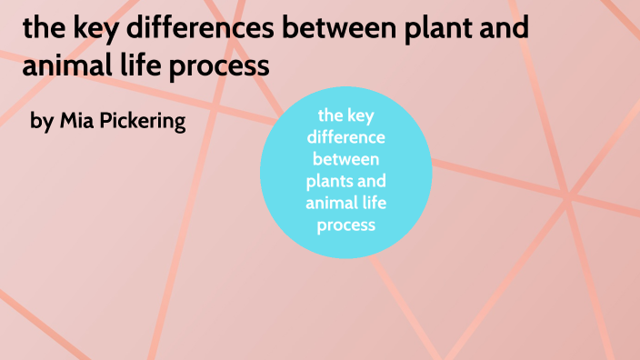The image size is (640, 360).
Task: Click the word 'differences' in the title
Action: (186, 31)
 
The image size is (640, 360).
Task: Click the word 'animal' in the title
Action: (58, 67)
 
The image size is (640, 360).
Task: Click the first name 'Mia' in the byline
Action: (75, 121)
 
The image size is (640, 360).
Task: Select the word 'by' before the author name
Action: (42, 122)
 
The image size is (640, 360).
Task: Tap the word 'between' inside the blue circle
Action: (346, 159)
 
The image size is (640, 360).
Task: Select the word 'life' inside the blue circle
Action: (374, 202)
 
